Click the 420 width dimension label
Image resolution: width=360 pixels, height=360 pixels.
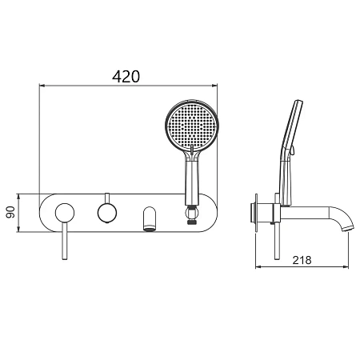tap(126, 77)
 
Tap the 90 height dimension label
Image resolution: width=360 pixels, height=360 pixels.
tap(10, 213)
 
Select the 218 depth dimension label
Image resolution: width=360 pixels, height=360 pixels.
tap(302, 260)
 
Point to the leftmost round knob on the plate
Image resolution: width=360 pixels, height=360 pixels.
tap(65, 213)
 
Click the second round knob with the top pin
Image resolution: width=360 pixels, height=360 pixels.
tap(107, 213)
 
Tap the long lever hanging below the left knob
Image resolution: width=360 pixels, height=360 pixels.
tap(65, 241)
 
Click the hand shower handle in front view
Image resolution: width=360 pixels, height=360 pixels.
tap(192, 182)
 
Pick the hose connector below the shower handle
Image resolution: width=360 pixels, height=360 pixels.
tap(192, 214)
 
